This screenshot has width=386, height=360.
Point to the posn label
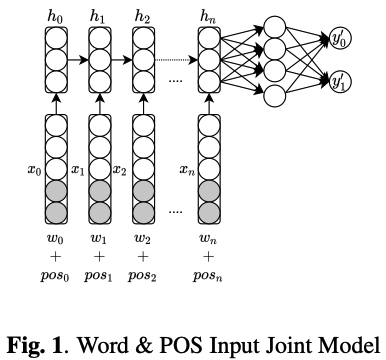pos(208,275)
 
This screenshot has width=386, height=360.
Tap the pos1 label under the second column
pos(99,275)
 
